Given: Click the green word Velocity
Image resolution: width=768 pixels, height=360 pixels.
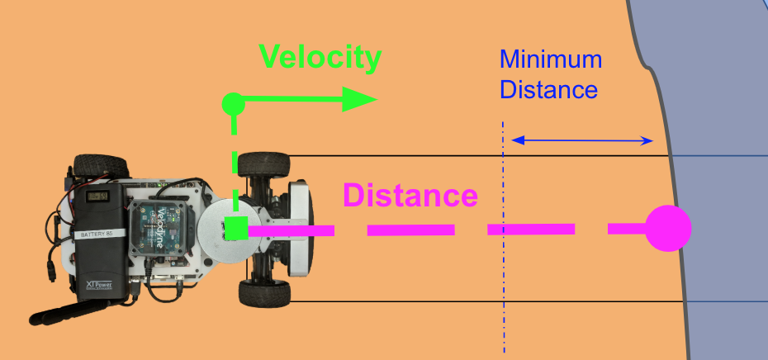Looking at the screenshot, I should point(320,57).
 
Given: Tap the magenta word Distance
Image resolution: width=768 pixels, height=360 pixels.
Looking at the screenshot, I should point(410,197).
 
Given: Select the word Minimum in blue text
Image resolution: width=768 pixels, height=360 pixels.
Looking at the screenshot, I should point(550,59).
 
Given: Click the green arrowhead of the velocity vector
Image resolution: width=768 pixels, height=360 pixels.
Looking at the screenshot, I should point(358,99).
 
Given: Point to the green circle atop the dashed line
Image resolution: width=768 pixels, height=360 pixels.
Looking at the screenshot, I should point(234,104).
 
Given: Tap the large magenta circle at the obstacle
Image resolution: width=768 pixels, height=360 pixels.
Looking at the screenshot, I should point(667,228).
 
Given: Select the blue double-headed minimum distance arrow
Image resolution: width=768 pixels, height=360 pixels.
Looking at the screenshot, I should point(582,140).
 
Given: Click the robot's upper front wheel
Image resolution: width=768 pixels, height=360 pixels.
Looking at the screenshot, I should point(263,163).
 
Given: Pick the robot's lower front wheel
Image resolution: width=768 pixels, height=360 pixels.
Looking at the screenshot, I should point(263,293).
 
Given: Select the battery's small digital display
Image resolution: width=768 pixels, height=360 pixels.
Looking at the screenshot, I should point(100,196).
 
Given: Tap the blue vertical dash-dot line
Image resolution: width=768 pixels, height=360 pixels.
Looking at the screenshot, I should point(503,272).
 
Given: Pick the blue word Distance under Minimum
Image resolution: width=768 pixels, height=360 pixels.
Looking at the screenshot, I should point(548,88).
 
